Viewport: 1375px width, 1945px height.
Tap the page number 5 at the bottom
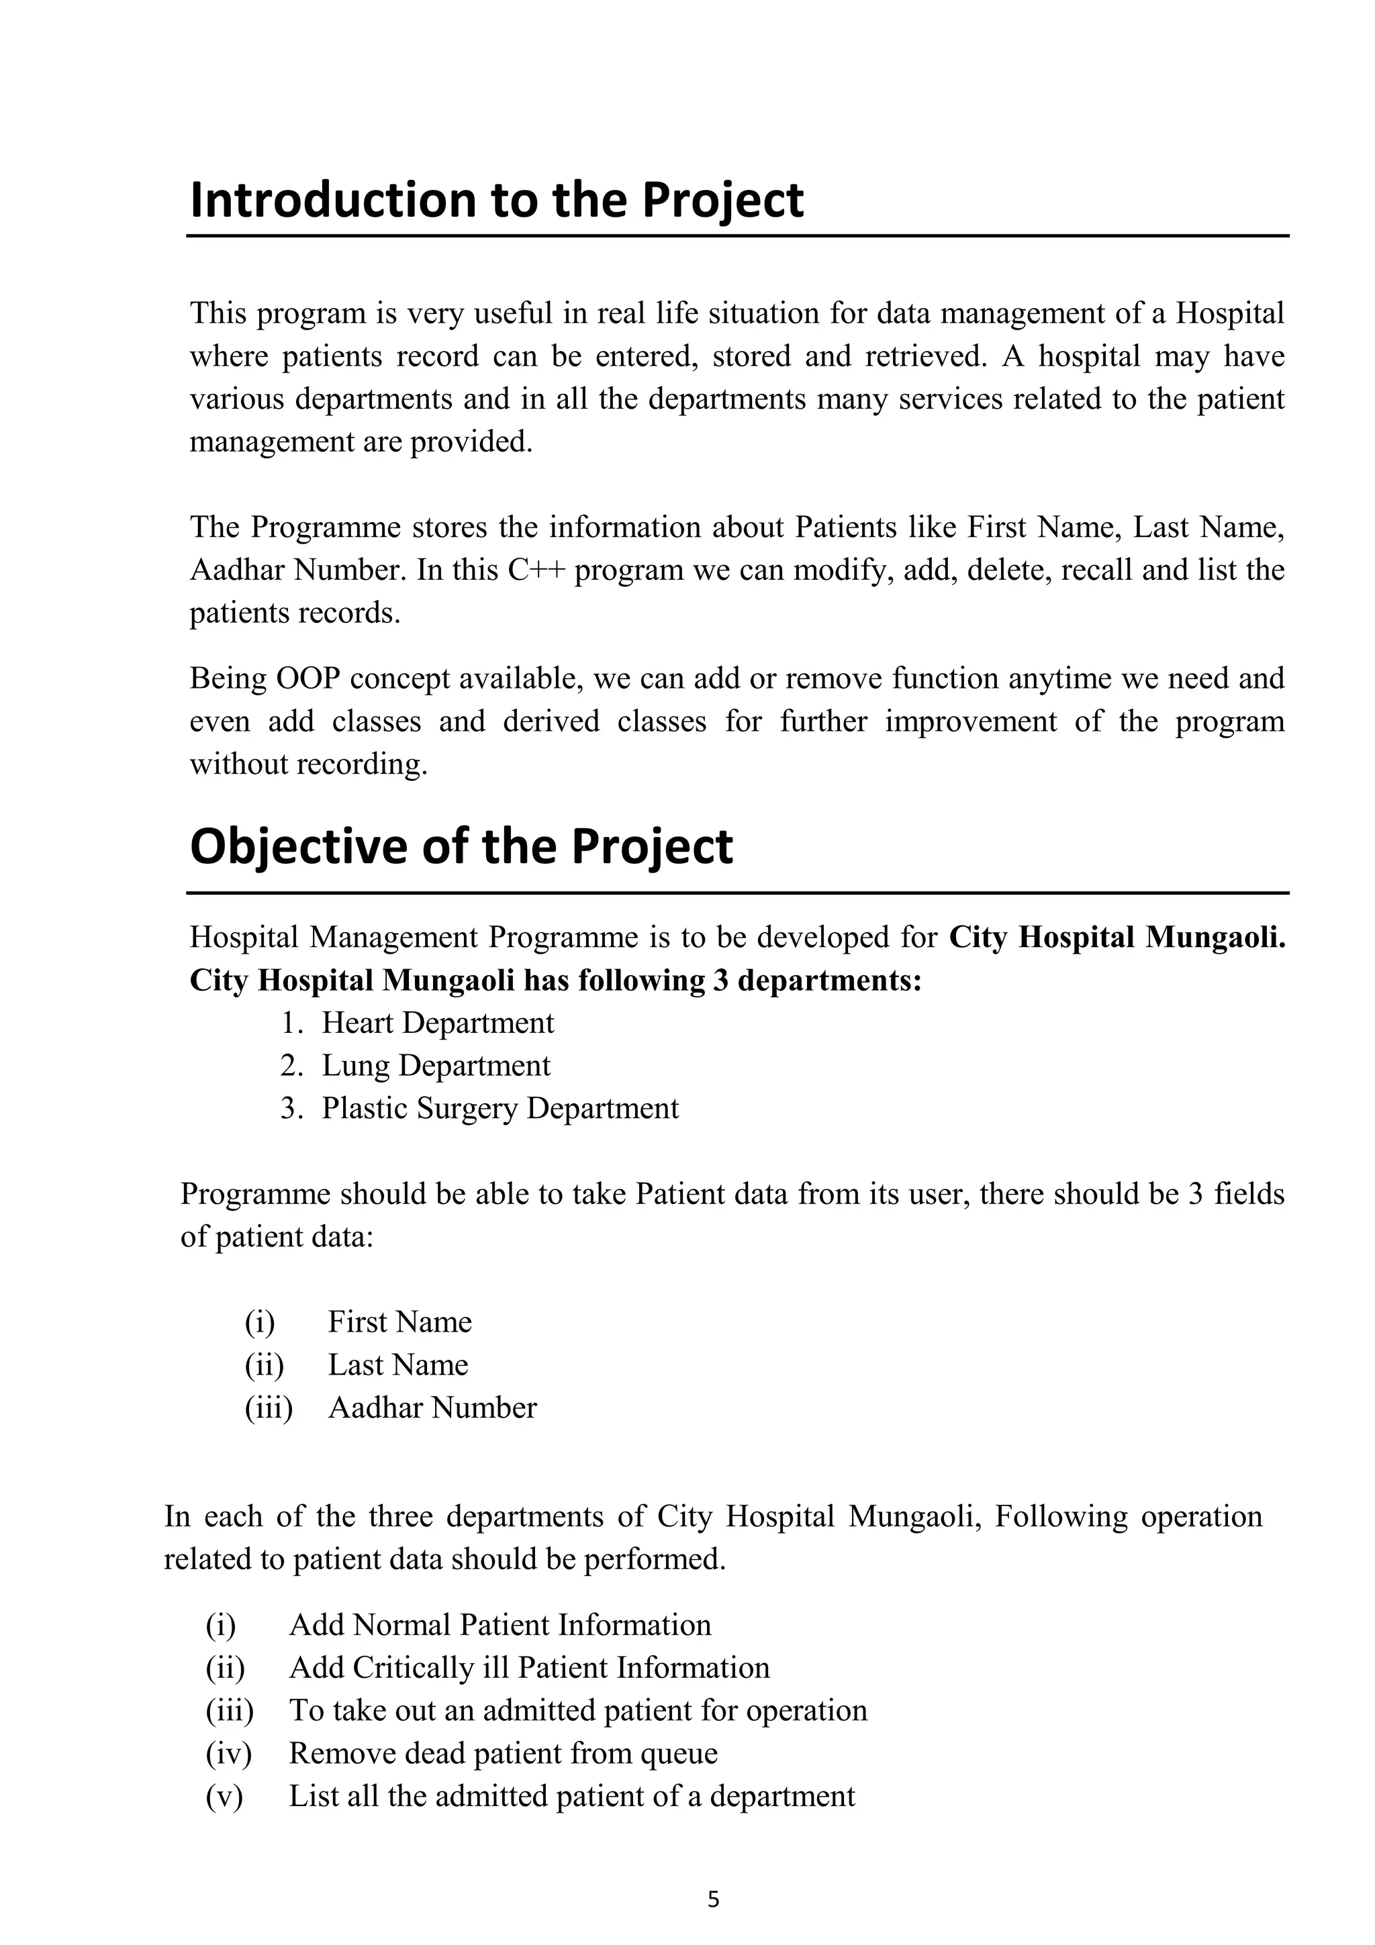tap(712, 1899)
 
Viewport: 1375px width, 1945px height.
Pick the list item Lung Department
tap(436, 1065)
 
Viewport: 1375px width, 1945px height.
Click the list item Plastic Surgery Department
tap(500, 1108)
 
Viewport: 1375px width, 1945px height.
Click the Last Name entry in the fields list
tap(397, 1364)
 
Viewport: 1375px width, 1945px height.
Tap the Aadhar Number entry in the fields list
tap(432, 1407)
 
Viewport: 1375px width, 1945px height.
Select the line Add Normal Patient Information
tap(500, 1625)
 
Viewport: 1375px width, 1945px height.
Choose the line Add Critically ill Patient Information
tap(528, 1667)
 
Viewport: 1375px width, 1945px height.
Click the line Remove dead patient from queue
tap(504, 1752)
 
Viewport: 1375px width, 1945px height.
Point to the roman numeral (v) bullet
tap(224, 1796)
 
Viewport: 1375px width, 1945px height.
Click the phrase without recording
tap(308, 764)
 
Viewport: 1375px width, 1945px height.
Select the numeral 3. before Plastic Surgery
tap(291, 1108)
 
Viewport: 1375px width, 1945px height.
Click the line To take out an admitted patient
tap(578, 1710)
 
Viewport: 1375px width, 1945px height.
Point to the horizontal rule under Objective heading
tap(737, 893)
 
